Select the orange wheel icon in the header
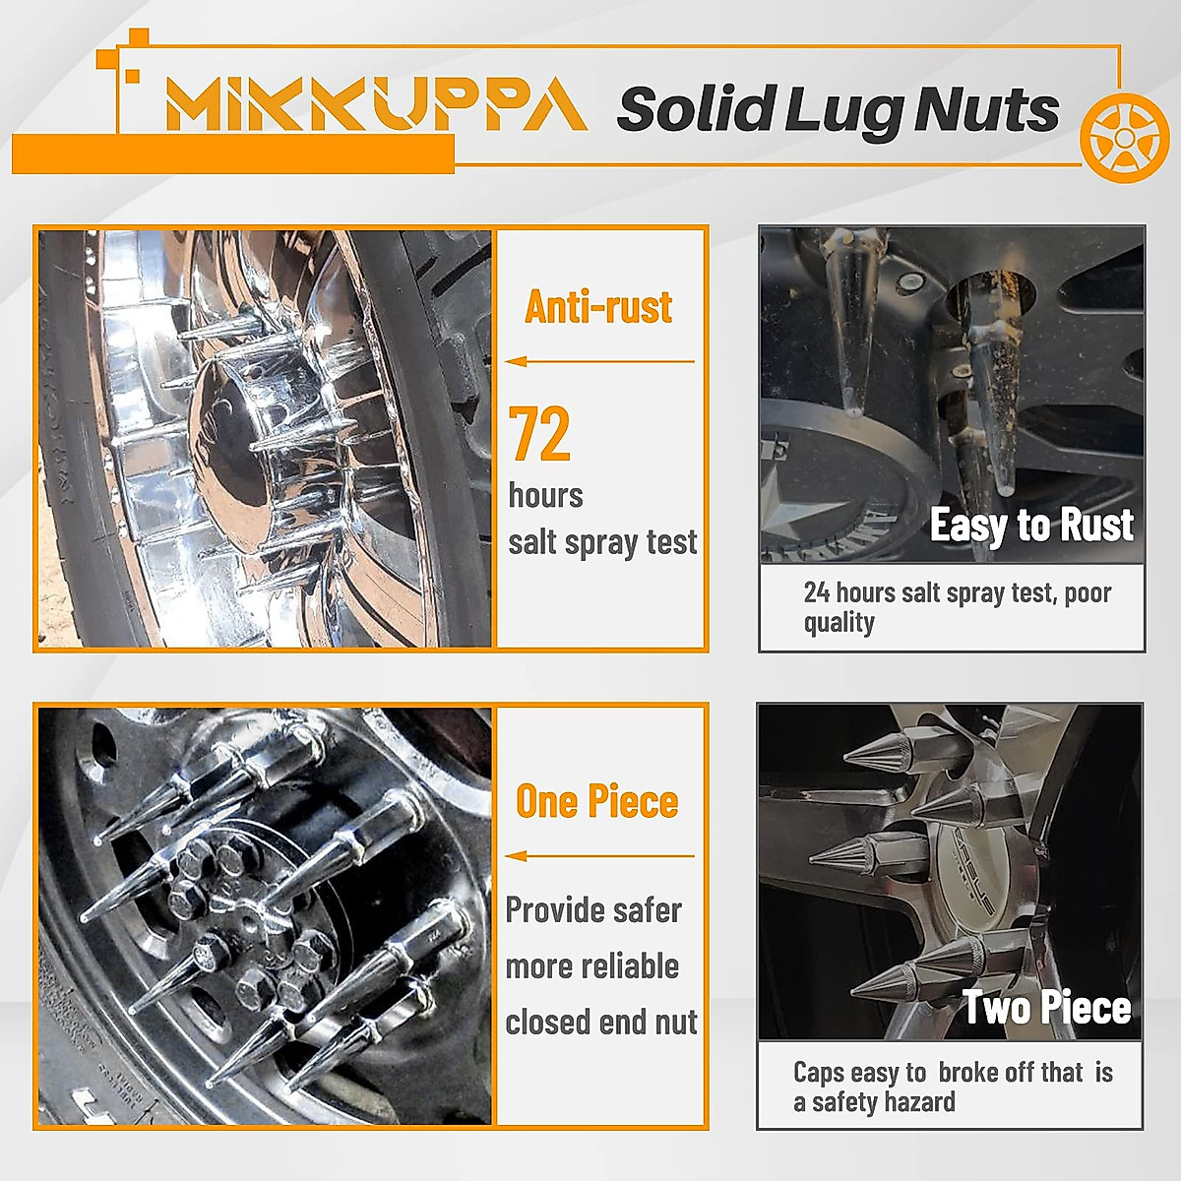point(1124,138)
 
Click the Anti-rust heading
point(598,307)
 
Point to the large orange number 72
point(539,434)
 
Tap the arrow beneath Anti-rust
point(599,361)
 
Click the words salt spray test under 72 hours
point(602,542)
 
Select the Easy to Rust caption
point(1031,525)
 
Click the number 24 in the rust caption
point(817,592)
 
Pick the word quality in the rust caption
point(839,623)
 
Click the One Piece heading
point(597,801)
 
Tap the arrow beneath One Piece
point(599,855)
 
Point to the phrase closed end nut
point(601,1023)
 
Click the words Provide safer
point(593,910)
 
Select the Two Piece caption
point(1046,1008)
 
